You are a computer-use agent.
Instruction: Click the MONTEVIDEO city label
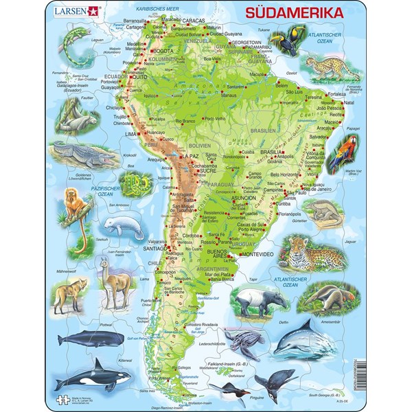[x=256, y=255]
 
